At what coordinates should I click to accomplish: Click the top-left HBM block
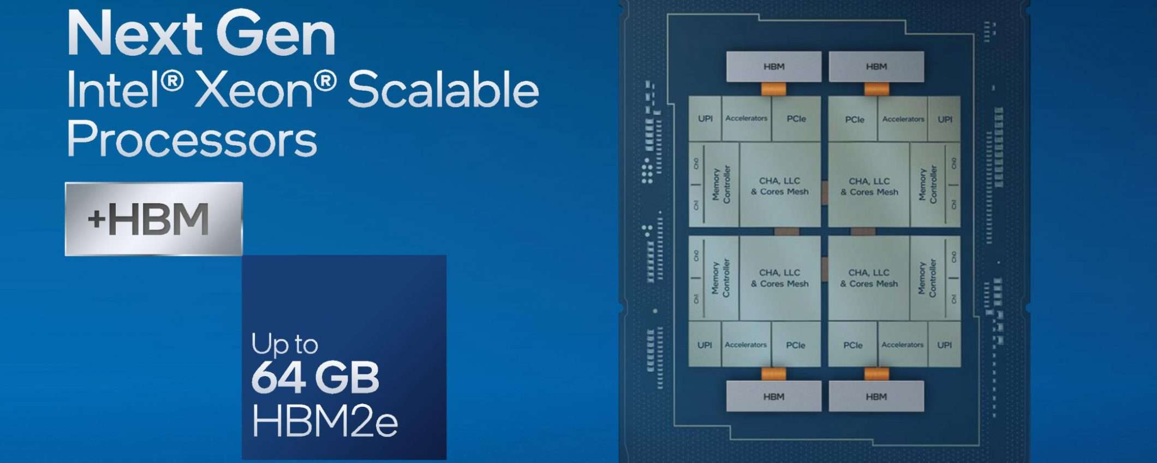coord(773,67)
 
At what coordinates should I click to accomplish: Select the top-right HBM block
coord(876,67)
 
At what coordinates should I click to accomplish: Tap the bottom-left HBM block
coord(773,396)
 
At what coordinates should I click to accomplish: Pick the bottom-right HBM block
coord(876,396)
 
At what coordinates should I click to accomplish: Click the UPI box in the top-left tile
coord(705,118)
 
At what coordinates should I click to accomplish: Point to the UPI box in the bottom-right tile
coord(944,345)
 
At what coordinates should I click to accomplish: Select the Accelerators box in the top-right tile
coord(903,119)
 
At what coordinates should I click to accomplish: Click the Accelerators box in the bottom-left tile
coord(746,345)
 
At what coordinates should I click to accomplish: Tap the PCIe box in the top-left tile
coord(796,118)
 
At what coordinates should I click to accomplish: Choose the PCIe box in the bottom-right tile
coord(852,345)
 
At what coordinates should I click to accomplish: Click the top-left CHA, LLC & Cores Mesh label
coord(780,186)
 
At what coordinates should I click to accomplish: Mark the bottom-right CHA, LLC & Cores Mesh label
coord(869,278)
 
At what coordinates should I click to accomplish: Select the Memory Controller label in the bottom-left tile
coord(720,278)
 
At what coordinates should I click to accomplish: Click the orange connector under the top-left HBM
coord(773,88)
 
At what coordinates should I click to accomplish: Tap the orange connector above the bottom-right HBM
coord(876,374)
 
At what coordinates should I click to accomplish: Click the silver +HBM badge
coord(153,219)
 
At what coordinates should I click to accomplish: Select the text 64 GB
coord(315,377)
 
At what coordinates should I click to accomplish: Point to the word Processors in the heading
coord(192,140)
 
